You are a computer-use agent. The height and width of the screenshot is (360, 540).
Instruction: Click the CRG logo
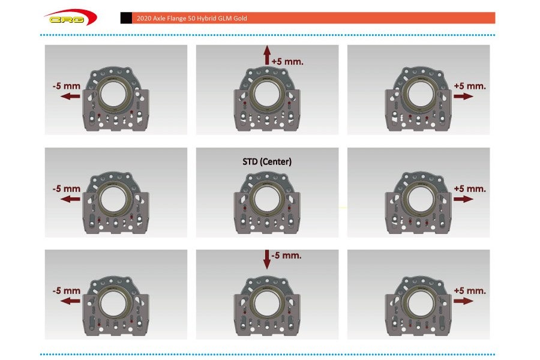[x=71, y=17]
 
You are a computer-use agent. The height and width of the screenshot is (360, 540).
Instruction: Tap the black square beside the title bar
[x=126, y=18]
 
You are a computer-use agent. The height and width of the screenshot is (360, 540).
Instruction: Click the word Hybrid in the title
[x=207, y=18]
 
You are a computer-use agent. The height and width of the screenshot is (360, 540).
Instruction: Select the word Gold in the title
[x=240, y=18]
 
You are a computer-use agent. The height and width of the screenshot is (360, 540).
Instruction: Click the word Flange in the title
[x=176, y=18]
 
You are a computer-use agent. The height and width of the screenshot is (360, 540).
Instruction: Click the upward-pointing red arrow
[x=267, y=55]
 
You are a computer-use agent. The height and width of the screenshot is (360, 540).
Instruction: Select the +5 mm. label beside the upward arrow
[x=287, y=62]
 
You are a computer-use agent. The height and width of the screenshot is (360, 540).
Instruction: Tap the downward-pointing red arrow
[x=267, y=259]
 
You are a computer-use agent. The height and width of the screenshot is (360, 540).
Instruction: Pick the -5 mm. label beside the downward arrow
[x=287, y=256]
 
